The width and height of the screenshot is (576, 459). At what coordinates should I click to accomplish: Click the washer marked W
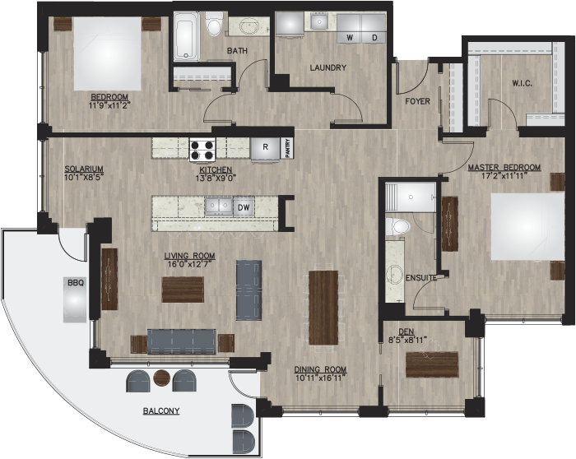349,29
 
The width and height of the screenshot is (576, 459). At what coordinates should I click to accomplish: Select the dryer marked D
374,29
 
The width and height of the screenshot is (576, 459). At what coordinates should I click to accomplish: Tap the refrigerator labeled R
265,149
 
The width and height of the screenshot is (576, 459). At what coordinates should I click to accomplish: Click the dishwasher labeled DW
244,207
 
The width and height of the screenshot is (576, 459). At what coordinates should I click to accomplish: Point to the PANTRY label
287,148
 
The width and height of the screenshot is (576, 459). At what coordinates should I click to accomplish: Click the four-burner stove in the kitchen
202,150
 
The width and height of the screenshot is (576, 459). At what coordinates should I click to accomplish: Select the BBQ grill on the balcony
76,299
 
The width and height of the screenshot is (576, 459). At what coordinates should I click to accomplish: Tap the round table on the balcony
161,378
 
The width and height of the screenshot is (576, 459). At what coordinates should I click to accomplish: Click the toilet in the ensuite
397,226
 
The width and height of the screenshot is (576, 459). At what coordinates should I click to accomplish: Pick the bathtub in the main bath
187,36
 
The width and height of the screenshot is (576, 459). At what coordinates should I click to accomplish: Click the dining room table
323,308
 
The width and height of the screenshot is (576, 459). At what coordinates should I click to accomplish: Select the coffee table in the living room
183,290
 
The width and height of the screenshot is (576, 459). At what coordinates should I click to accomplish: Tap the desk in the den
432,364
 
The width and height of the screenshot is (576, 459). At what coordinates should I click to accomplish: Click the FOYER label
417,101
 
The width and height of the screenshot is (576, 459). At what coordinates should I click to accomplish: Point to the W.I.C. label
522,83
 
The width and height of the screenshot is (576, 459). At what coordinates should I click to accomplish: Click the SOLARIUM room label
84,169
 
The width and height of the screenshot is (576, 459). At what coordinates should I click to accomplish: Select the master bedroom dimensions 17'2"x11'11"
504,175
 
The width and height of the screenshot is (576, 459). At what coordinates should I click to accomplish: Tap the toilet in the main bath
214,24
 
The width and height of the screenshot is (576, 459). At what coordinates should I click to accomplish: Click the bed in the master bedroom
527,227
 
